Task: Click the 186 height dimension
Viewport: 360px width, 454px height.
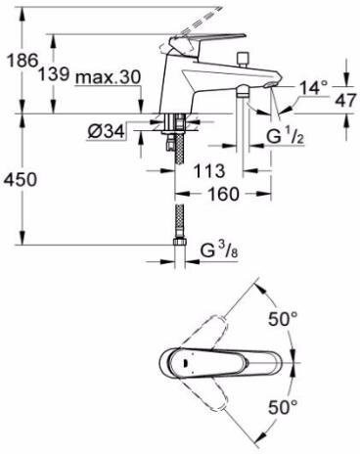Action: click(x=22, y=61)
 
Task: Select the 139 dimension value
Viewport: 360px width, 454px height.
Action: click(x=54, y=74)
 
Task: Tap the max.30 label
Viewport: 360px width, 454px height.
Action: click(x=108, y=77)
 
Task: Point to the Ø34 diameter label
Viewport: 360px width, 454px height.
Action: click(x=106, y=132)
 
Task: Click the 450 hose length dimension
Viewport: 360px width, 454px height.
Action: click(x=20, y=180)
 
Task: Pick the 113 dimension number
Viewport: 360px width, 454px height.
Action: click(x=209, y=171)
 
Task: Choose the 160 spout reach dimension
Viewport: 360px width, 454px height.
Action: click(x=223, y=194)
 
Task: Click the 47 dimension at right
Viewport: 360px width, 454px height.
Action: click(x=345, y=101)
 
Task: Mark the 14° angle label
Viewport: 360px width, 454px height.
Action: click(x=313, y=88)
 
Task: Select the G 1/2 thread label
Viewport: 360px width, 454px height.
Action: click(x=286, y=136)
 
